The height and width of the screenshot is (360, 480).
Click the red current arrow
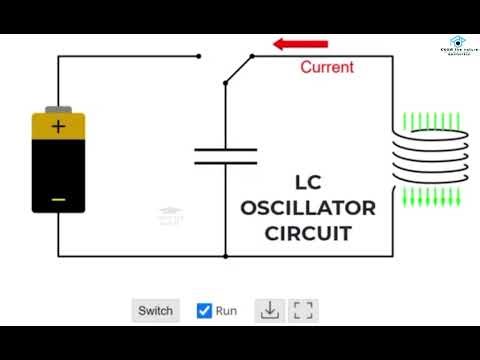point(301,45)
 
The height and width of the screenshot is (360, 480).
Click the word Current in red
point(327,67)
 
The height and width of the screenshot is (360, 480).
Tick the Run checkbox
point(204,310)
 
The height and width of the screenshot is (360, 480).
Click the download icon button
point(269,310)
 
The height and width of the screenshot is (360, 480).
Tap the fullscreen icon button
point(303,310)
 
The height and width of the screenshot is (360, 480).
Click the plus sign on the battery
point(58,127)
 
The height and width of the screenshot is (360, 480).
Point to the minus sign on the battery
point(58,199)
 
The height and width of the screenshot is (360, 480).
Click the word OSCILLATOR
point(308,209)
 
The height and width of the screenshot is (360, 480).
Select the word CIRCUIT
point(308,235)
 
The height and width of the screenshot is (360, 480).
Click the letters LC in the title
point(307,183)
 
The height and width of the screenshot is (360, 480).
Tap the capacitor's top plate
point(225,150)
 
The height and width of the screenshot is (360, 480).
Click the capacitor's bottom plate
point(225,163)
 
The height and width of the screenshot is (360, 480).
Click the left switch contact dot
point(200,56)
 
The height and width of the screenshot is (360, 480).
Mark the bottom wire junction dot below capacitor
point(225,256)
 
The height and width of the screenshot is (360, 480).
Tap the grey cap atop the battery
point(58,107)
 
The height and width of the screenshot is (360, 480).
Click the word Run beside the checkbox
point(227,310)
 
